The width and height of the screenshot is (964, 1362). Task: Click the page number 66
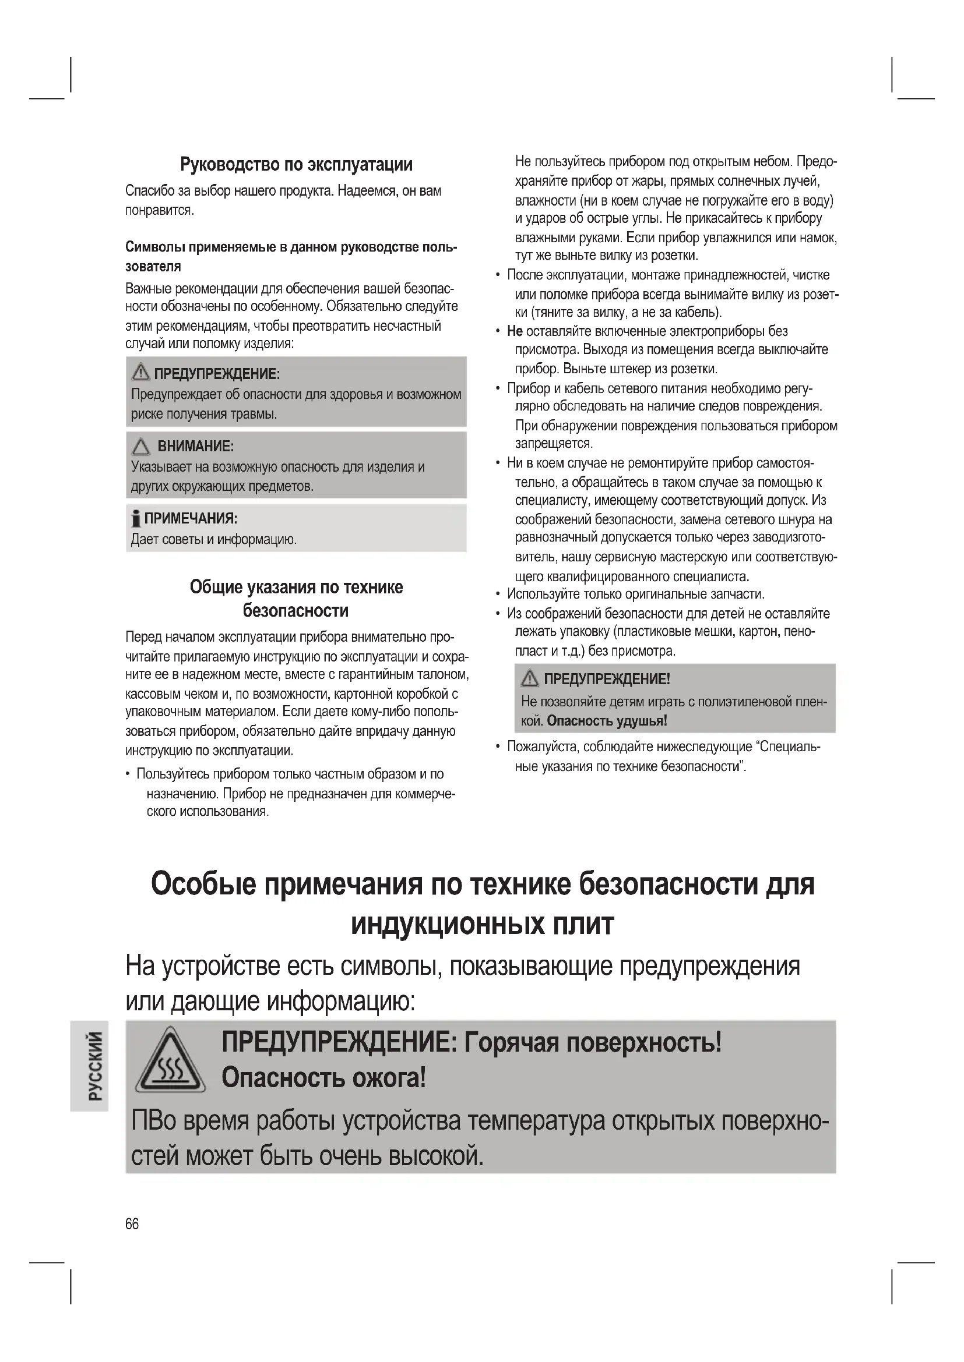click(132, 1224)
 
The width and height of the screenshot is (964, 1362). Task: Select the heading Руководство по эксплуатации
click(296, 164)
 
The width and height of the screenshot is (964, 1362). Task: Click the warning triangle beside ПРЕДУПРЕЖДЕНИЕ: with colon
click(140, 373)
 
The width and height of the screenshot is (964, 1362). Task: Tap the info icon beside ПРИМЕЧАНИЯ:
click(136, 519)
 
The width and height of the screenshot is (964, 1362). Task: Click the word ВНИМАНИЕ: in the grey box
click(195, 446)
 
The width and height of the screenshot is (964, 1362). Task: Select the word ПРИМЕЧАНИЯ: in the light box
click(191, 519)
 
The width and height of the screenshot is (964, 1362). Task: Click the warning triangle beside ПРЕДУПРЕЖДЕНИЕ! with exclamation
click(530, 678)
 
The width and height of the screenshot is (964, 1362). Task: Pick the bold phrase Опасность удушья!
click(607, 721)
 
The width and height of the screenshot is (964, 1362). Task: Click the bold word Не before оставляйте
click(515, 331)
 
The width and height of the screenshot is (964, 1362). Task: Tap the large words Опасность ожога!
click(323, 1078)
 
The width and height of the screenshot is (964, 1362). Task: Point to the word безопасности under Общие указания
click(295, 611)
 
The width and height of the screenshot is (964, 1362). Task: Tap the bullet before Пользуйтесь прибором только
click(128, 774)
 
